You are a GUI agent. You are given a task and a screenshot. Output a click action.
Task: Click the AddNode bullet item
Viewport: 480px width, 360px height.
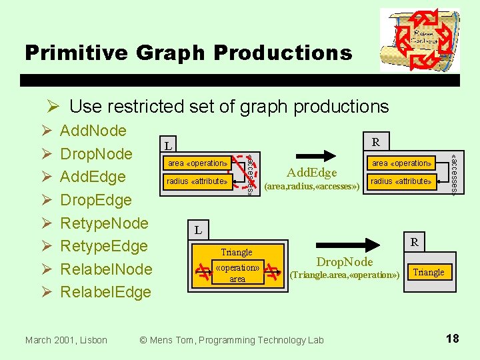[93, 131]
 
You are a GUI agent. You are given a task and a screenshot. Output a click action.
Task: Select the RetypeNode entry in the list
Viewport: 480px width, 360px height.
[104, 223]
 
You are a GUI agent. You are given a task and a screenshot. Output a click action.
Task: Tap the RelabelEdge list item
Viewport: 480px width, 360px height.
[105, 292]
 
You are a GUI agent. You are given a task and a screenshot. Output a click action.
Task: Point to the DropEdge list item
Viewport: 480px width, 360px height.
[96, 200]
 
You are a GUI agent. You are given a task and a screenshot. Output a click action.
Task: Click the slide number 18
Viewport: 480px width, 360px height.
[452, 339]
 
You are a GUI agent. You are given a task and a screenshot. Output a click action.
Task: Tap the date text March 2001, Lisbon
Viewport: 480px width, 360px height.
[66, 340]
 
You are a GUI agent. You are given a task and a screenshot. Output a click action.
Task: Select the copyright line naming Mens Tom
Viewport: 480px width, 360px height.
[231, 340]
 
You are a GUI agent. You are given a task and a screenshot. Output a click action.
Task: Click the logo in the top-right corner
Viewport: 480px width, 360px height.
[419, 40]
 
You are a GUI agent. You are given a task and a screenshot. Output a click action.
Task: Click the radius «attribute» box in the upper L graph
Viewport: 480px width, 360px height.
[197, 181]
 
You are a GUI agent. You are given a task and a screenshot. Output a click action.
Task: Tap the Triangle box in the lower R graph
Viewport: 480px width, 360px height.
[429, 272]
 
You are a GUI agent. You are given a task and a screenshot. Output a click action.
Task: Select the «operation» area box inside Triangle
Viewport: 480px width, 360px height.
[237, 273]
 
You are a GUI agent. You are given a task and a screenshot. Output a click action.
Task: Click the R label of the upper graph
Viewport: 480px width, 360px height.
[377, 142]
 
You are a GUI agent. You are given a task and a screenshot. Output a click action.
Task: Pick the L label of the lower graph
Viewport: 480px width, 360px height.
[198, 231]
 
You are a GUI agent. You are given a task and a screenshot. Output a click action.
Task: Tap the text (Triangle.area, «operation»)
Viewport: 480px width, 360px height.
[345, 275]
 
